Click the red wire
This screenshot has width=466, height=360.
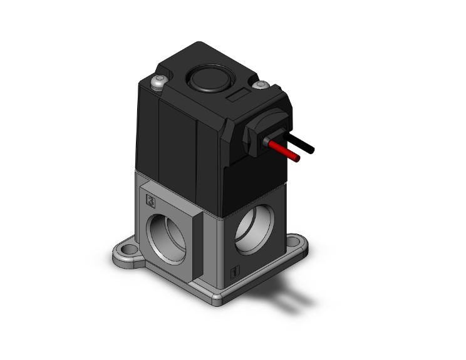[286, 151]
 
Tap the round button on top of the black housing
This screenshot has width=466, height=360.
[202, 80]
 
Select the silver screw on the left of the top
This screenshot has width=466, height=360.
[158, 82]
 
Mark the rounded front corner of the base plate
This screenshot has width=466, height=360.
[215, 299]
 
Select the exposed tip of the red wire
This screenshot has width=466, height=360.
[298, 158]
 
